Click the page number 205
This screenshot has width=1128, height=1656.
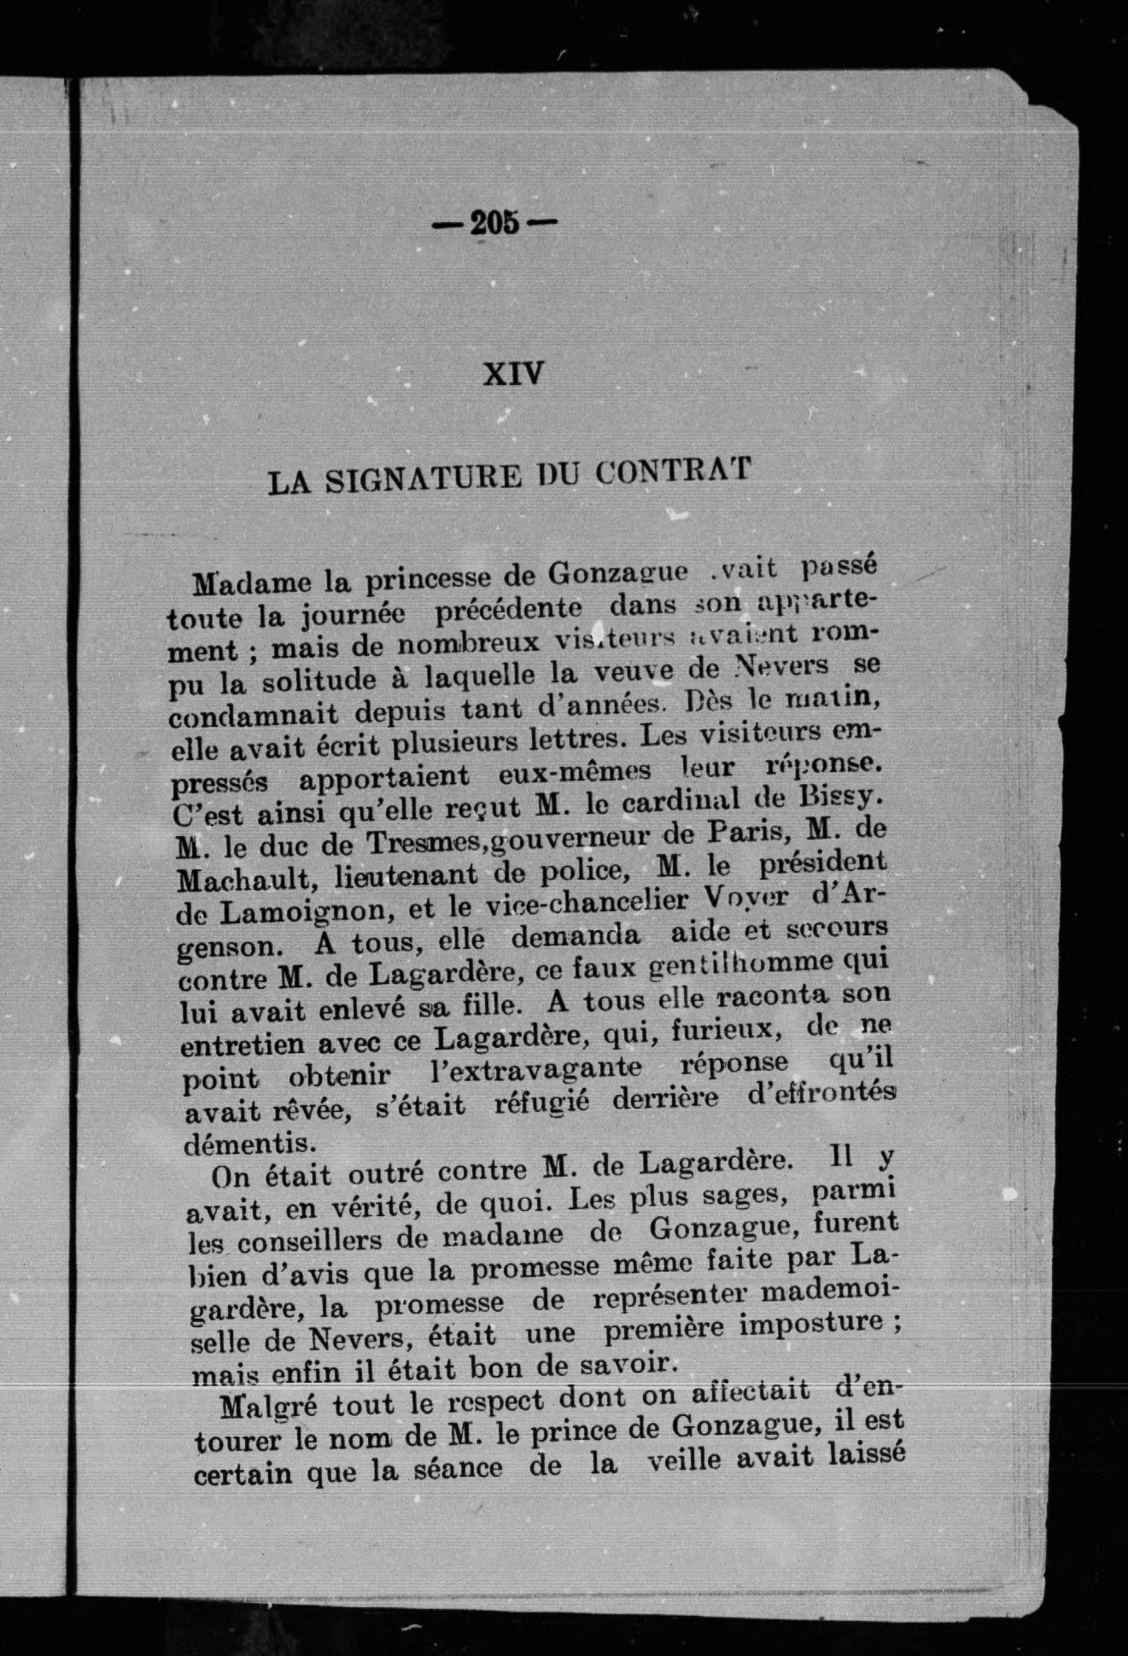point(495,224)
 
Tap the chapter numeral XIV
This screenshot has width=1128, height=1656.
point(513,373)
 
